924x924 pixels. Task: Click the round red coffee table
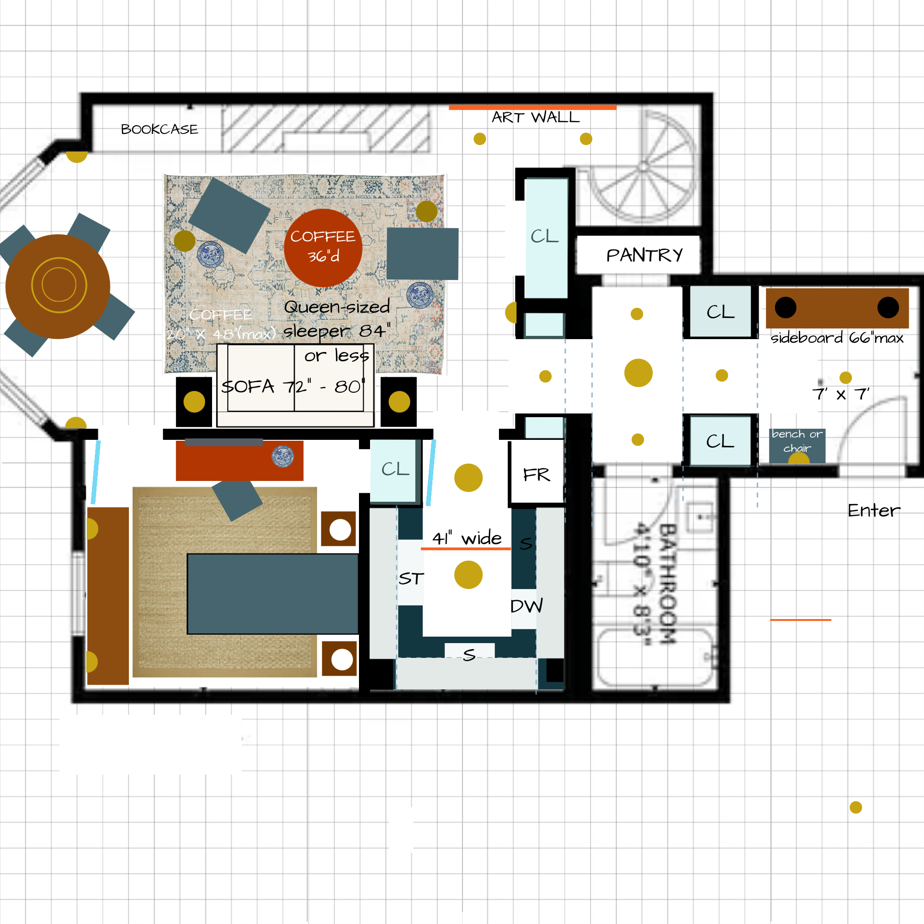(323, 248)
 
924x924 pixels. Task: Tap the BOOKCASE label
(159, 129)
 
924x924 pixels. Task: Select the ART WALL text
(535, 118)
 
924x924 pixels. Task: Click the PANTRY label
(644, 255)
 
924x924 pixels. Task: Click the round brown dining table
(58, 286)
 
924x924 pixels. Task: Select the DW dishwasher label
(527, 607)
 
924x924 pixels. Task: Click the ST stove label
(411, 579)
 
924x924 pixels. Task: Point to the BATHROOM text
(667, 584)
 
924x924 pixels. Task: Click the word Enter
(873, 511)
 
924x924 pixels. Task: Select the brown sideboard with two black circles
(837, 308)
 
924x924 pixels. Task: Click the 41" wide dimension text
(467, 539)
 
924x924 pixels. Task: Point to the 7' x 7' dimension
(840, 395)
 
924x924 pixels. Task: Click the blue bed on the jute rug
(273, 594)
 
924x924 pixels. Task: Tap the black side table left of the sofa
(194, 402)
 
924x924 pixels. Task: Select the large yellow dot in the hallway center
(638, 372)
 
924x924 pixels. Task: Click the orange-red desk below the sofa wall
(239, 461)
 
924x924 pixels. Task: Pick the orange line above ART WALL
(532, 108)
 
